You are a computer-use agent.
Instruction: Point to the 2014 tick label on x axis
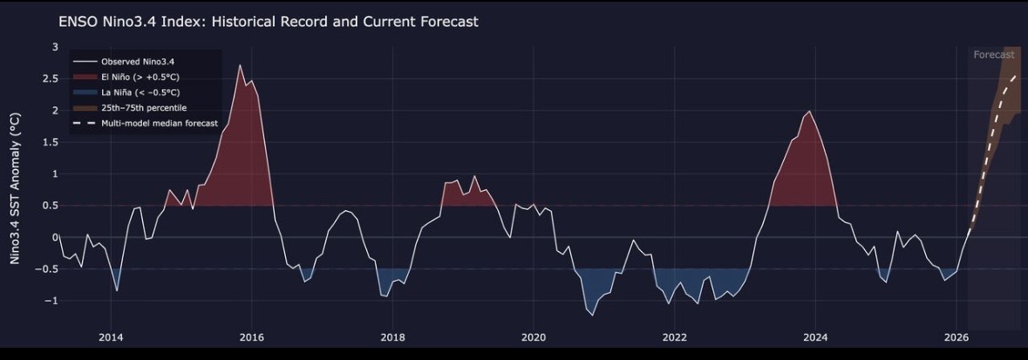click(111, 337)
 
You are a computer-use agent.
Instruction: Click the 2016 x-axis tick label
click(252, 337)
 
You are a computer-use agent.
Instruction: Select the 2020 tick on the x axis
click(534, 337)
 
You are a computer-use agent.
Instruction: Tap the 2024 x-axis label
click(815, 337)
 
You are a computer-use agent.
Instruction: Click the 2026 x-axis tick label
click(957, 337)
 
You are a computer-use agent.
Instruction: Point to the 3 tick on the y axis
click(55, 46)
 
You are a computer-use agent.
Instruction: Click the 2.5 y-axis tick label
click(51, 78)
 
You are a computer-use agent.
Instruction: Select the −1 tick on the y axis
click(53, 301)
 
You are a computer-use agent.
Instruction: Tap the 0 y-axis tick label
click(55, 237)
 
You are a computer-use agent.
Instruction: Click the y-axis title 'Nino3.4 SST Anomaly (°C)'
click(15, 188)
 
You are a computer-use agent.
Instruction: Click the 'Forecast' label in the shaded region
click(994, 55)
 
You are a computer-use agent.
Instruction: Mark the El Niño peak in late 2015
click(240, 65)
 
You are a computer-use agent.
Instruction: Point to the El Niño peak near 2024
click(810, 112)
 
